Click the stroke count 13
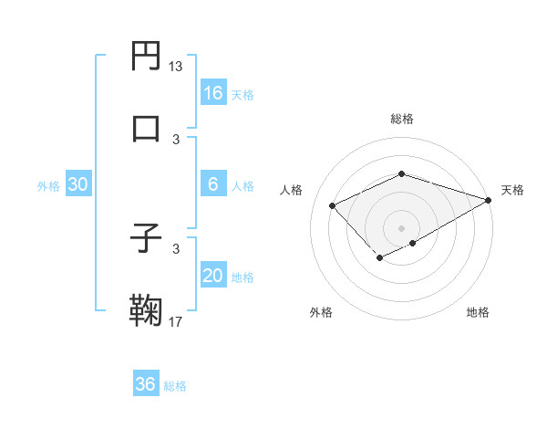tap(176, 67)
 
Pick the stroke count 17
tap(176, 320)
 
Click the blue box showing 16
tap(213, 92)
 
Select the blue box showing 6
tap(213, 184)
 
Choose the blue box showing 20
tap(213, 277)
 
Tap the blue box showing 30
tap(78, 184)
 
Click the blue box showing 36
tap(146, 384)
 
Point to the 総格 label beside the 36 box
tap(175, 386)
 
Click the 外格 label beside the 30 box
tap(48, 186)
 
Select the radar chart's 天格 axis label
tap(512, 190)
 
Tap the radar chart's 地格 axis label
tap(478, 313)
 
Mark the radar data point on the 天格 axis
tap(490, 200)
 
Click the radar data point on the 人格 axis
tap(333, 206)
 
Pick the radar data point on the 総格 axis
tap(401, 173)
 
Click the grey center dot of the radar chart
tap(401, 227)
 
